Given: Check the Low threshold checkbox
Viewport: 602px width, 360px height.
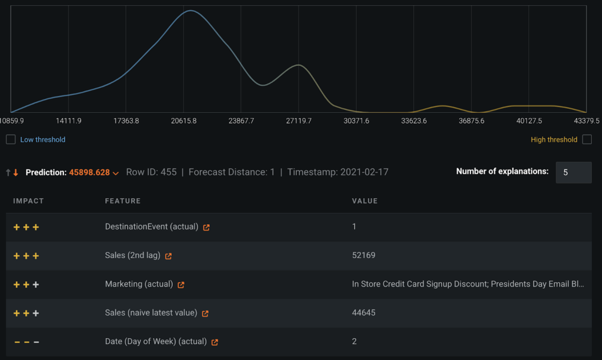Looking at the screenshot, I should point(11,139).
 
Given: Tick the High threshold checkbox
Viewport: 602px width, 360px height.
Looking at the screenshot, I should point(587,139).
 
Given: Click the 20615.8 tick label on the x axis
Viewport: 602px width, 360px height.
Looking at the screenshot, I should point(184,121).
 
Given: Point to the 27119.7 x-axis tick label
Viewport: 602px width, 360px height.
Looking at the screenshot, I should point(299,121).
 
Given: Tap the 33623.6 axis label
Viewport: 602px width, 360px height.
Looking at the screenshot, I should point(414,121).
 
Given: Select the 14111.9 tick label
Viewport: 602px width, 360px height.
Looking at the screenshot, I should point(69,121).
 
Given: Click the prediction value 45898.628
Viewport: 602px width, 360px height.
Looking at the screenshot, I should point(89,172).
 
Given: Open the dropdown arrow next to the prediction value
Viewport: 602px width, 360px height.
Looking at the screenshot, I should point(116,173).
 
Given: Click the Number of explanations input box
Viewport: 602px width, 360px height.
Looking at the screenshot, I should point(573,172).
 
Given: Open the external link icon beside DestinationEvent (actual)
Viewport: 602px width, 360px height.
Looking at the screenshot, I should point(206,227).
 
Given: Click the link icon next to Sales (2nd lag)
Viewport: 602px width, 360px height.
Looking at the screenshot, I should point(169,256).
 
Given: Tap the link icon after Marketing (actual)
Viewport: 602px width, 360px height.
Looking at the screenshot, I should point(181,285).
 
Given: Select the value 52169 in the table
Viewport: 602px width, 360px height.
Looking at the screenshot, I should point(363,255).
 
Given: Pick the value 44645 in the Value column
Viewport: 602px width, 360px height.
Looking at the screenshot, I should point(363,313).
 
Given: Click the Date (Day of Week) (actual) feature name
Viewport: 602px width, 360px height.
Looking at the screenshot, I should point(156,342).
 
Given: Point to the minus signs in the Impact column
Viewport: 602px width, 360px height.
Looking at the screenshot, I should point(26,342).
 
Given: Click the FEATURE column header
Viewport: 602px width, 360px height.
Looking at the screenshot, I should point(123,201).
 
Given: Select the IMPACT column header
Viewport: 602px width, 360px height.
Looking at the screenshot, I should point(29,201).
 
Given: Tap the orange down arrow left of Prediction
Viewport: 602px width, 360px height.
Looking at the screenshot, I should point(16,173).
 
